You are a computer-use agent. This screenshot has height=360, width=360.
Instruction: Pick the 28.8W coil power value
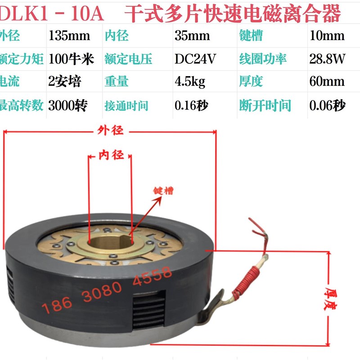tap(327, 59)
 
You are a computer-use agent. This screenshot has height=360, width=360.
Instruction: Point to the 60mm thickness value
tap(327, 82)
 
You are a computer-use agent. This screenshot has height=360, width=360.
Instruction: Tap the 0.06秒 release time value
tap(327, 106)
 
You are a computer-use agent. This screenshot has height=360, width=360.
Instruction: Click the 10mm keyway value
tap(327, 36)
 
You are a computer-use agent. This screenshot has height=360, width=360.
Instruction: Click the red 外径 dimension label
tap(110, 130)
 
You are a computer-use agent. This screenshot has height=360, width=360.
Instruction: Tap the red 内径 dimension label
tap(111, 155)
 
